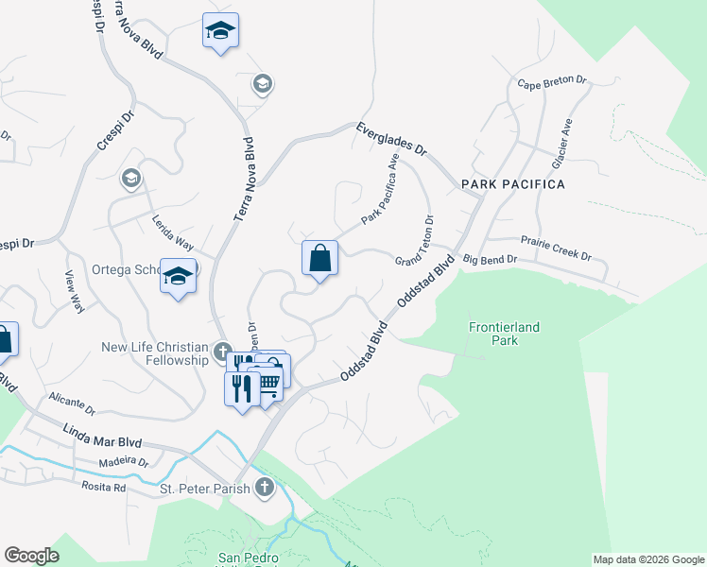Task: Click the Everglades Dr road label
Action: pos(392,138)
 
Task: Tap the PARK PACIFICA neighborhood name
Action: pos(512,184)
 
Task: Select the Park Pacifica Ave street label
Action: pos(380,192)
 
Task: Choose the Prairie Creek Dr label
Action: pos(557,255)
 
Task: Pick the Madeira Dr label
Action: pos(125,463)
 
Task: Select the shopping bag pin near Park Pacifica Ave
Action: pos(319,257)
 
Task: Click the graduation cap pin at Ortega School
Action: pos(177,276)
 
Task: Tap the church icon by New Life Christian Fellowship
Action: pos(223,353)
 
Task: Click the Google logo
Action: pos(31,556)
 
